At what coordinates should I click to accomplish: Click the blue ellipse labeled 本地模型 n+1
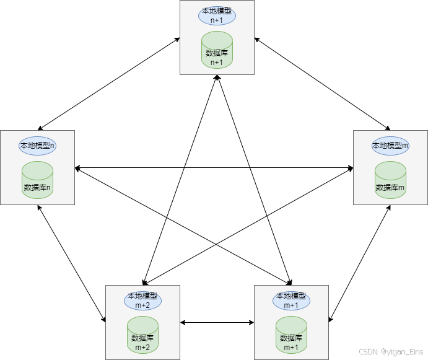click(x=217, y=15)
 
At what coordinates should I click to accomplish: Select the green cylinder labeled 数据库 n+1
click(x=217, y=50)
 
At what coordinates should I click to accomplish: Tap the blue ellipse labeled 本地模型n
click(x=37, y=146)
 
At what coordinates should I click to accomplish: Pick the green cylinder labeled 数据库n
click(x=37, y=180)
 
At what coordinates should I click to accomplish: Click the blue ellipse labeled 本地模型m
click(x=390, y=146)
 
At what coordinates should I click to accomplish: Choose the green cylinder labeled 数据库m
click(x=390, y=180)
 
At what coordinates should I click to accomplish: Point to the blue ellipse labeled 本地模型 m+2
click(x=142, y=301)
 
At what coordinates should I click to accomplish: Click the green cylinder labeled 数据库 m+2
click(x=142, y=335)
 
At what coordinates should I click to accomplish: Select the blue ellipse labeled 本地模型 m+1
click(x=291, y=301)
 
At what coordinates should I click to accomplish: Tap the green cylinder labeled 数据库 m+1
click(x=291, y=335)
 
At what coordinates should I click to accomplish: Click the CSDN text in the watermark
click(x=368, y=351)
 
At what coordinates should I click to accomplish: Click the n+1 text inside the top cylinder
click(x=217, y=62)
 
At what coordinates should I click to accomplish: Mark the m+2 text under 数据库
click(x=142, y=347)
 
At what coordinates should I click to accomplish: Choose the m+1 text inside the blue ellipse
click(x=291, y=305)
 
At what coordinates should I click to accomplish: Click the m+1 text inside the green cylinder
click(x=291, y=347)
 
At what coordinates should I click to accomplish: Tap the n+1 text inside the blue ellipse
click(x=217, y=20)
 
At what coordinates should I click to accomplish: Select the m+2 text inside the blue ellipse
click(x=142, y=305)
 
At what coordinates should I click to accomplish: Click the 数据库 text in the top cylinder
click(x=217, y=53)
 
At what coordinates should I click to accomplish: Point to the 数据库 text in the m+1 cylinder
click(x=291, y=338)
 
